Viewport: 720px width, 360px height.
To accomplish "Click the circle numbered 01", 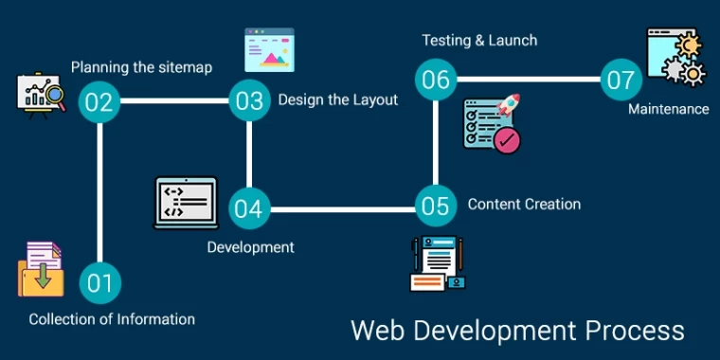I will pos(99,281).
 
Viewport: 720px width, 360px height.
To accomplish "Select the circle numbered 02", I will pos(99,101).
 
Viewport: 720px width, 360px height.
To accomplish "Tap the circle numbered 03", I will pos(249,101).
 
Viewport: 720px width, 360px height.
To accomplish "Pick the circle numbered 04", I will pos(248,207).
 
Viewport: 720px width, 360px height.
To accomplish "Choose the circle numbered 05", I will pos(436,206).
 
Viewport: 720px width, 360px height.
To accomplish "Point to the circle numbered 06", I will pos(436,79).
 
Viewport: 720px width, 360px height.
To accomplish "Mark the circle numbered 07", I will pos(621,80).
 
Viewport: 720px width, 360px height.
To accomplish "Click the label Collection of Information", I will pos(112,319).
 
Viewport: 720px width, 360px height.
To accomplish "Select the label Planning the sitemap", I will pos(142,67).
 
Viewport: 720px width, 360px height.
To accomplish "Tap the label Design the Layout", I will pos(338,99).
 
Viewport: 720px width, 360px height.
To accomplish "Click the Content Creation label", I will pos(524,204).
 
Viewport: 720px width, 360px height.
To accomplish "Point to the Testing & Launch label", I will pos(479,40).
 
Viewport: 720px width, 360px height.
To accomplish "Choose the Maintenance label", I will pos(669,109).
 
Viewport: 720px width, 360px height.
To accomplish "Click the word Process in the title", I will pos(634,331).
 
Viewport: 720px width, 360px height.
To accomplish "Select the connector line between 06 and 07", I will pos(528,79).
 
